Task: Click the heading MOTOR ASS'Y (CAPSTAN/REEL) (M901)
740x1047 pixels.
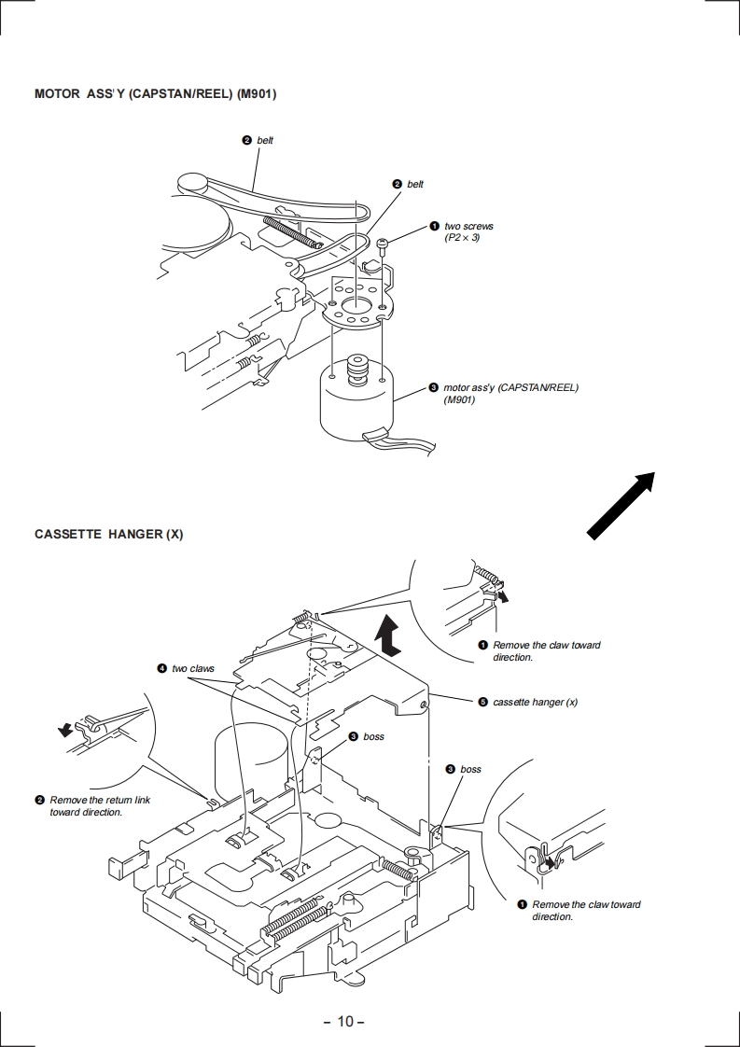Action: [155, 93]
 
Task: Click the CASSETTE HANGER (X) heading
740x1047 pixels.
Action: [109, 534]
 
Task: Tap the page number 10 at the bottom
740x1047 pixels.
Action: [344, 1021]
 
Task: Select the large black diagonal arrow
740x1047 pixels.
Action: [621, 506]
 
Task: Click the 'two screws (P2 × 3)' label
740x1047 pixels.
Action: [468, 231]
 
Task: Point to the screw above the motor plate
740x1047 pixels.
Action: [383, 245]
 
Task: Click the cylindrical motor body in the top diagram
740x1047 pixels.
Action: [356, 407]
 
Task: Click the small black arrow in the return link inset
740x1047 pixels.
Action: [65, 731]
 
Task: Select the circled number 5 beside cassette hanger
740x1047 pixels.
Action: [482, 702]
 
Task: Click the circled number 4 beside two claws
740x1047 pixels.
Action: [161, 668]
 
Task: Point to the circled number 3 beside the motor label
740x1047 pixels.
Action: [433, 387]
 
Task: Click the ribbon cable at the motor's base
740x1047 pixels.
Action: [399, 442]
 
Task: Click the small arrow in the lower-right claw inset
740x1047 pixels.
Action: [549, 863]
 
